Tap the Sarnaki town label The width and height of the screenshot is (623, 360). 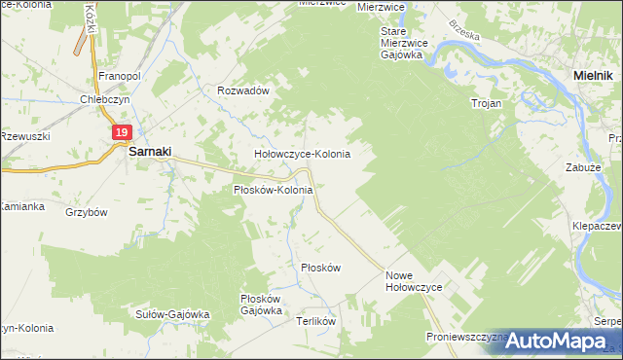(151, 152)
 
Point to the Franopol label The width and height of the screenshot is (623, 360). (122, 75)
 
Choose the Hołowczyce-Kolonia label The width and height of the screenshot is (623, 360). (302, 154)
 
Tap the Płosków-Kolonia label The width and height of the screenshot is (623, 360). (273, 190)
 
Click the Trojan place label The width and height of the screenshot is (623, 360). (486, 102)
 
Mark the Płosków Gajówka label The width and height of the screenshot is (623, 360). (261, 305)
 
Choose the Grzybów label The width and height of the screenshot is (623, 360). (86, 211)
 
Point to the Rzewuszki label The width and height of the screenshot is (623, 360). (24, 136)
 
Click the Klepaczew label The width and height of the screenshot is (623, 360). (598, 225)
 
